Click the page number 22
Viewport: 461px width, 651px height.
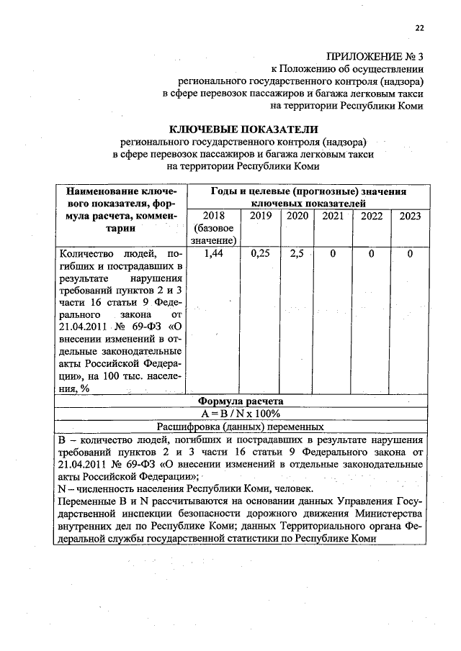click(419, 28)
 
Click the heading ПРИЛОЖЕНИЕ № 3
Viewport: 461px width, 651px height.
click(375, 55)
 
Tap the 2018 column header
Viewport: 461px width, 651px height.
click(214, 216)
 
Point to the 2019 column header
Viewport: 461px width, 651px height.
click(260, 216)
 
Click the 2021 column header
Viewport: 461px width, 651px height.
click(333, 216)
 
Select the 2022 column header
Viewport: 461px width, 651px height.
click(371, 216)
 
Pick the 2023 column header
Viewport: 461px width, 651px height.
click(410, 216)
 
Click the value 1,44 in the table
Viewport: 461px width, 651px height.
click(214, 254)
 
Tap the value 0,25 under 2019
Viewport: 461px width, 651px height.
click(260, 254)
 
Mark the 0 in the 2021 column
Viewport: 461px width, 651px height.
click(333, 254)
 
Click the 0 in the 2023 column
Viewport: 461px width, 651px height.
click(410, 254)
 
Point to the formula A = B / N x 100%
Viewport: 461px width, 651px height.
click(242, 414)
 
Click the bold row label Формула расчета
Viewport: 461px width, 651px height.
click(242, 401)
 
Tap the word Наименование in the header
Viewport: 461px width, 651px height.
click(99, 192)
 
